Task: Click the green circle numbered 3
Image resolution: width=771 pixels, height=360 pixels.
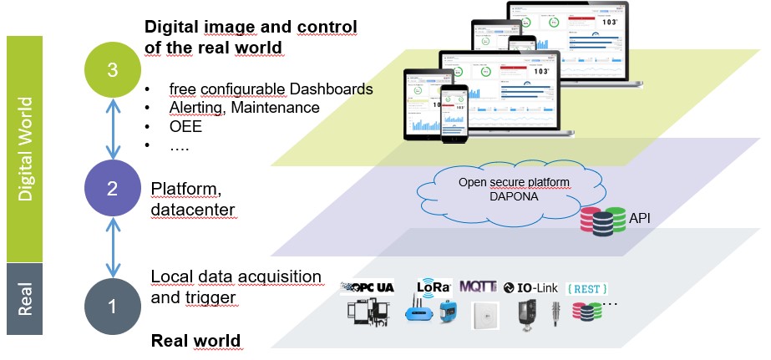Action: click(x=113, y=71)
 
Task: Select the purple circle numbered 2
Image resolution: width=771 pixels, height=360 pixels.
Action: click(x=113, y=189)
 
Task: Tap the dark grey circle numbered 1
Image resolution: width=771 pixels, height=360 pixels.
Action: click(x=113, y=307)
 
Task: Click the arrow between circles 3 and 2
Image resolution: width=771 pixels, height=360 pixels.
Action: click(x=113, y=130)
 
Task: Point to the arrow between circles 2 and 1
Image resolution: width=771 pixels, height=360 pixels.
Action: click(x=113, y=247)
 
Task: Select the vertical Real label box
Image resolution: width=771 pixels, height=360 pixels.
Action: click(x=24, y=299)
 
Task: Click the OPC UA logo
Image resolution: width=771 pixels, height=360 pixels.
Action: click(x=368, y=287)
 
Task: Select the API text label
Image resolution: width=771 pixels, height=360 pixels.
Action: click(x=641, y=220)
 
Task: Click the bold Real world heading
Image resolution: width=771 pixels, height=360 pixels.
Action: click(x=195, y=340)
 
